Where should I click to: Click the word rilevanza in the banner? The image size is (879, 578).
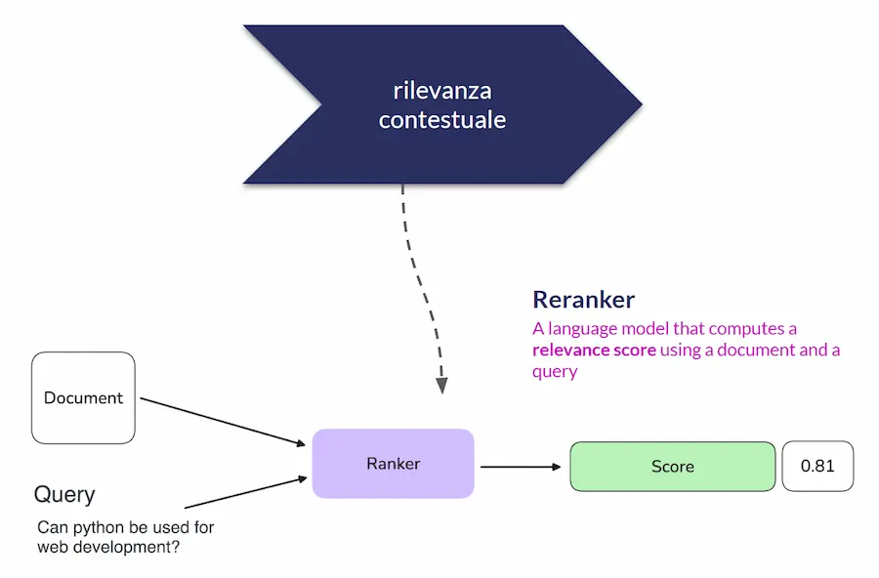[442, 92]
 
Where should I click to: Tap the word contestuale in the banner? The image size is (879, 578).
[442, 120]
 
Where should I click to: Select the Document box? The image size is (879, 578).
[84, 398]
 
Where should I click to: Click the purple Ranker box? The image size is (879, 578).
[393, 464]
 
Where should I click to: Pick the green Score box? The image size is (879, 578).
[672, 467]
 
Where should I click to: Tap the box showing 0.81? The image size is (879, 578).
[817, 466]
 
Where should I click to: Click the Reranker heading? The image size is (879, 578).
[583, 300]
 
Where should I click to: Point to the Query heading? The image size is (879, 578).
[64, 494]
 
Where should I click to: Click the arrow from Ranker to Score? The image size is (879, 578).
[522, 467]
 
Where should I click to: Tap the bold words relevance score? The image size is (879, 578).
[594, 350]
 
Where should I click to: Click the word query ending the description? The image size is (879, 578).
[555, 372]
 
